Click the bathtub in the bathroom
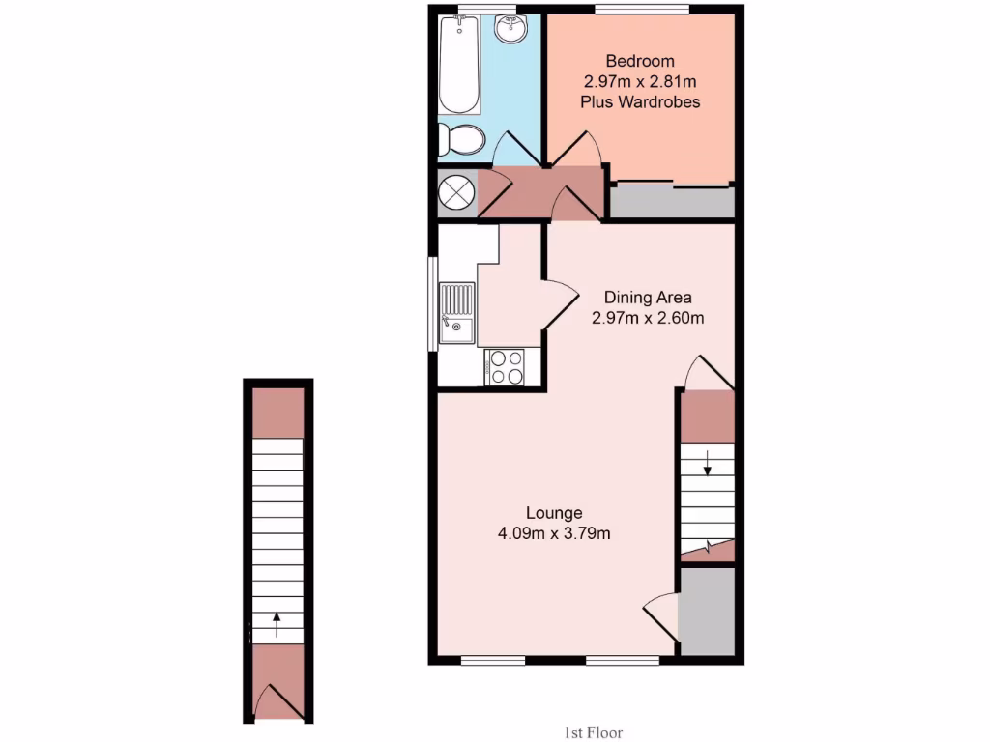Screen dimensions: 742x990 [x=457, y=65]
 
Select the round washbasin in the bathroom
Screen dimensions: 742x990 [x=510, y=30]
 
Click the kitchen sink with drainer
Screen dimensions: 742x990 [x=456, y=313]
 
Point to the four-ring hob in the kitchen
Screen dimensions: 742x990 [x=505, y=366]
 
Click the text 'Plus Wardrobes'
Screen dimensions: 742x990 [x=640, y=101]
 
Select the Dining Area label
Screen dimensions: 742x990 [x=648, y=297]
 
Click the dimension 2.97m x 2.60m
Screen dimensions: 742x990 [x=648, y=317]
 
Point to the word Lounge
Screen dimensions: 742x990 [x=554, y=512]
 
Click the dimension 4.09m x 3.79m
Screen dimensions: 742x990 [x=554, y=532]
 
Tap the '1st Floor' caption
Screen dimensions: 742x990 [x=597, y=732]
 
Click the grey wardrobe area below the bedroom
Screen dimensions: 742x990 [x=672, y=202]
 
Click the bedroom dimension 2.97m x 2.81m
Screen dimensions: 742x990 [x=640, y=82]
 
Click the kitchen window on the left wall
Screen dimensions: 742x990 [x=432, y=303]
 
